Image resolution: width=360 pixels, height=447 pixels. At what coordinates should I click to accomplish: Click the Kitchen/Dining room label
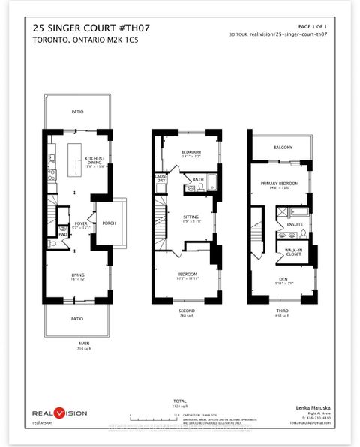[94, 161]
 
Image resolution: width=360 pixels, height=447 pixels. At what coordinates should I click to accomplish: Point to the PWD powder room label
[64, 233]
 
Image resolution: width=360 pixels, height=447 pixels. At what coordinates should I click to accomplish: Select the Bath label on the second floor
[198, 180]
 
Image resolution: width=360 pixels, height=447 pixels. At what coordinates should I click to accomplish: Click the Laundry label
[160, 179]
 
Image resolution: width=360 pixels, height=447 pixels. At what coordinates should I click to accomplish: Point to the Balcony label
[283, 147]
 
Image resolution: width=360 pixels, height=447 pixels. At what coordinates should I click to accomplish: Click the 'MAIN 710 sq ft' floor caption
[73, 347]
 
